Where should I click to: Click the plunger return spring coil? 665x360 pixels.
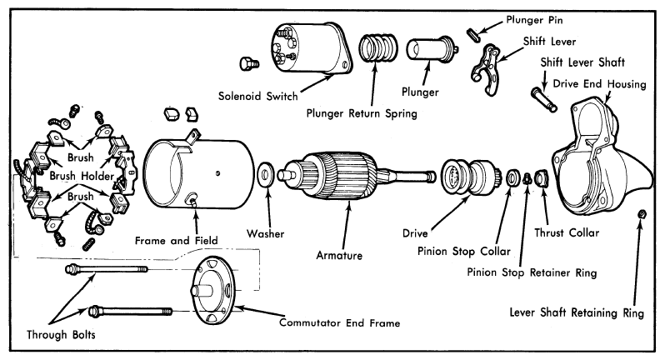(378, 47)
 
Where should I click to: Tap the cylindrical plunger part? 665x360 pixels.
(432, 49)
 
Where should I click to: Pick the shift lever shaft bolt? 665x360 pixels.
(543, 99)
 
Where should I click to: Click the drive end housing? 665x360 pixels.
(602, 157)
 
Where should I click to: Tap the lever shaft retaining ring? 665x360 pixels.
(642, 213)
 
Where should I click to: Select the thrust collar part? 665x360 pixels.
(541, 178)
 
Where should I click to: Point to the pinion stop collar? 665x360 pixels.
(513, 177)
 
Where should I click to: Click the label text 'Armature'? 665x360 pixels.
(339, 256)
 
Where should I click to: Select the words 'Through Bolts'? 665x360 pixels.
(61, 335)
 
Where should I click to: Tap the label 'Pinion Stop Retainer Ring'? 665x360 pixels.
(532, 272)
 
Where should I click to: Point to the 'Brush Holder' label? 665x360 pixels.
(82, 176)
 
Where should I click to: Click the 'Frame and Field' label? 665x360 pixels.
(177, 241)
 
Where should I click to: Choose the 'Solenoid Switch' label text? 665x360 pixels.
(257, 97)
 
